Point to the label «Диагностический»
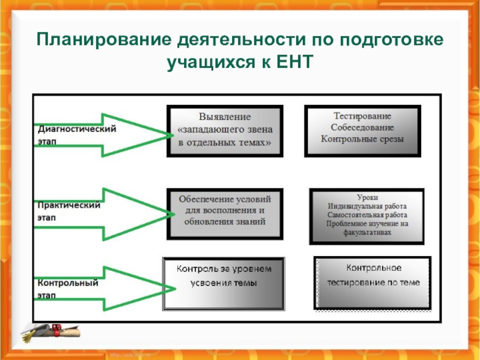tap(77, 128)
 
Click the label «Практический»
tap(68, 205)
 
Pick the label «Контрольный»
tap(68, 283)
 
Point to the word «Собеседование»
tap(362, 127)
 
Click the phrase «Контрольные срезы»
tap(362, 139)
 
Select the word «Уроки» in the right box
tap(367, 197)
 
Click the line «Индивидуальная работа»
tap(367, 206)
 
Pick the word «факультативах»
tap(367, 232)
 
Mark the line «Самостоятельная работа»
tap(367, 214)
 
